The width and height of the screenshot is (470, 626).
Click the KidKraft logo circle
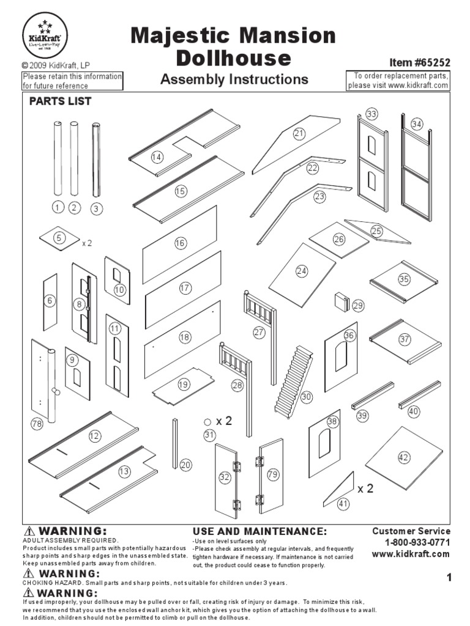click(45, 35)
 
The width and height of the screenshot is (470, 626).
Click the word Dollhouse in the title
click(233, 58)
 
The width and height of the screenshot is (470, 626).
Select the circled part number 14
click(157, 157)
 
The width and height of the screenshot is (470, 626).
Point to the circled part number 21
click(299, 133)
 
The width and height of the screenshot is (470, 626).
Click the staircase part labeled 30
click(294, 382)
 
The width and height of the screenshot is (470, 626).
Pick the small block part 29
click(341, 302)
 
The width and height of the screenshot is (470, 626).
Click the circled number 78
click(37, 424)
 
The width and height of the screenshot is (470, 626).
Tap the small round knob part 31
click(207, 422)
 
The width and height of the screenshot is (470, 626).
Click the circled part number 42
click(404, 457)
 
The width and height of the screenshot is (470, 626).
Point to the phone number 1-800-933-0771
click(417, 543)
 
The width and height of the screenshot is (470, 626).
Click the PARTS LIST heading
click(61, 101)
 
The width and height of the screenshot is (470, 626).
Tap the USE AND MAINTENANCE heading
click(259, 531)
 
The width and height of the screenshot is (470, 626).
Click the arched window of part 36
click(340, 356)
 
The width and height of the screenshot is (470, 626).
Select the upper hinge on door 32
click(237, 466)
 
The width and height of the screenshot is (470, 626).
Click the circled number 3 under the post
click(96, 208)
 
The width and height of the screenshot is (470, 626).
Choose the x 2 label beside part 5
click(87, 243)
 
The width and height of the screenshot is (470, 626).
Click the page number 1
click(449, 577)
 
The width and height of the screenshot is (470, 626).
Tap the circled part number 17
click(185, 287)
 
